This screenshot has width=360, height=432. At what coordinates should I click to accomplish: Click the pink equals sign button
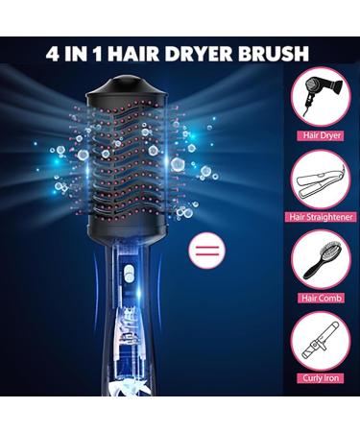click(x=204, y=253)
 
